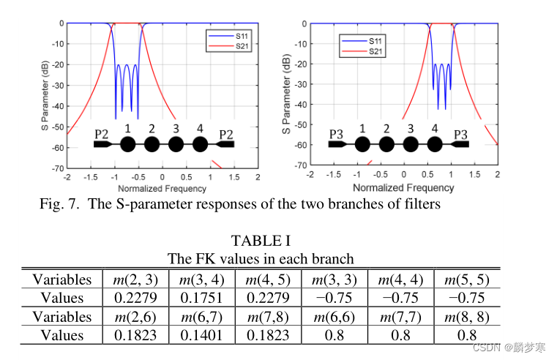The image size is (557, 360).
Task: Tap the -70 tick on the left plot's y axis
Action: [58, 168]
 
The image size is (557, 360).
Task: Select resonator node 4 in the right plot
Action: [435, 143]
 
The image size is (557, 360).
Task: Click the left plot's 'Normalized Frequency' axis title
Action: [162, 188]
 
